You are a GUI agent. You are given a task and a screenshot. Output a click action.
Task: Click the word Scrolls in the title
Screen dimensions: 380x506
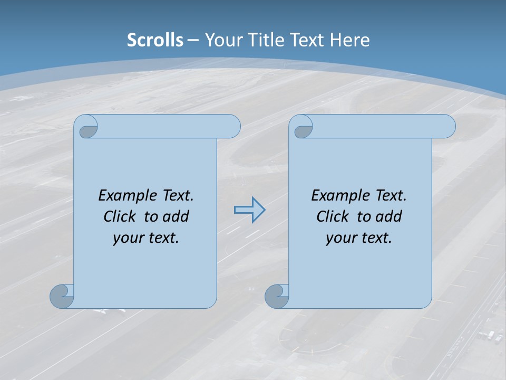(x=155, y=40)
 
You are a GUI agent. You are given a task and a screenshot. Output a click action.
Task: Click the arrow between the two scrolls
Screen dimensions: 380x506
(x=249, y=210)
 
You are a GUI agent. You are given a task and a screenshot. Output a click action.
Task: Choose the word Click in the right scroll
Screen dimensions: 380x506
(x=333, y=216)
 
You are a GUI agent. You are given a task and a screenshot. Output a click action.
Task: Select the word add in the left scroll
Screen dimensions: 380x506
(x=176, y=216)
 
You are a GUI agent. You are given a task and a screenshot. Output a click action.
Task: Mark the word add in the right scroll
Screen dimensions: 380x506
(x=389, y=216)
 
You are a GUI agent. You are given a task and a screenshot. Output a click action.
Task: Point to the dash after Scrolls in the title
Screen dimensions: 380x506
(x=193, y=40)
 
